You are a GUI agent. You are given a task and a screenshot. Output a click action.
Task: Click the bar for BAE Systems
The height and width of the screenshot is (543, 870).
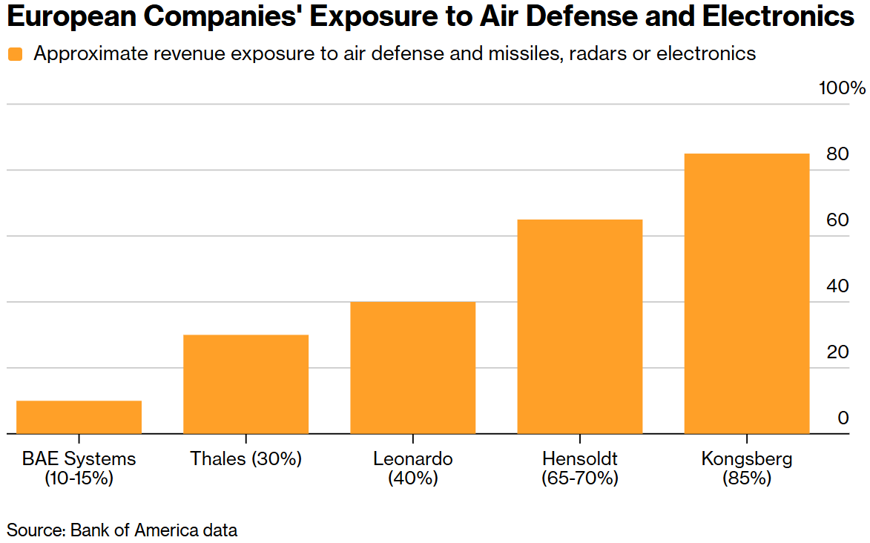coord(79,417)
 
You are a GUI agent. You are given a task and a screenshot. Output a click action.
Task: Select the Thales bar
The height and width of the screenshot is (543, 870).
coord(245,384)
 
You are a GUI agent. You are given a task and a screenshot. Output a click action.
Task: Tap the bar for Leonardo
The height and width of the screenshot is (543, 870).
coord(412,367)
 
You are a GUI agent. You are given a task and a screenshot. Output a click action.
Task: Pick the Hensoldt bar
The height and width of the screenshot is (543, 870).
coord(579,326)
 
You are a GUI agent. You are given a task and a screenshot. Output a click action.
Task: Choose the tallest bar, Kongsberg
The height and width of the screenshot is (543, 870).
coord(746,293)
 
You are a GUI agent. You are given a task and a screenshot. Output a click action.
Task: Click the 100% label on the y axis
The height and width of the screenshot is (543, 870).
coord(842,89)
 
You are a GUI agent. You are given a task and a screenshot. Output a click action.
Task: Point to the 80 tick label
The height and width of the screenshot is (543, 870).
coord(838,155)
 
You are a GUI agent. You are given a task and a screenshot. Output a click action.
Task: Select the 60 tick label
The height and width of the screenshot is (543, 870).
coord(838,220)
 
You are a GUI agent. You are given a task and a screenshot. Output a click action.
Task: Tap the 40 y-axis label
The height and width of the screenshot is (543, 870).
coord(838,286)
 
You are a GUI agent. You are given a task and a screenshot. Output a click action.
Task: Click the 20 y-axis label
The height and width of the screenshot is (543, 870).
coord(838,352)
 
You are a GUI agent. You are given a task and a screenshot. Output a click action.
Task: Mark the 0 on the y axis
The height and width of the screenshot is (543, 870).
coord(843,418)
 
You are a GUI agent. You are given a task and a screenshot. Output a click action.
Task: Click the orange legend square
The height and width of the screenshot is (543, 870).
coord(16,54)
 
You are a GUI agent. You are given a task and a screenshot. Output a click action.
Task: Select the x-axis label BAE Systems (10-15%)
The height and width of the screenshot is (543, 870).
coord(79,468)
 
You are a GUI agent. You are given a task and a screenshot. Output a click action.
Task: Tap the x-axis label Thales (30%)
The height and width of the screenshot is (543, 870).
coord(245,458)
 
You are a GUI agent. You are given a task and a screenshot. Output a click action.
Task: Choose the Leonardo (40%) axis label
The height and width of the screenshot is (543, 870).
coord(412,468)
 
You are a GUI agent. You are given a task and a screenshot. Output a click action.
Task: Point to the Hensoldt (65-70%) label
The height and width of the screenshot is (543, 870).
coord(579,468)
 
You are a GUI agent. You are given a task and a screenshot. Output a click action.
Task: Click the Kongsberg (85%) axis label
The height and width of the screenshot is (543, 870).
coord(746,468)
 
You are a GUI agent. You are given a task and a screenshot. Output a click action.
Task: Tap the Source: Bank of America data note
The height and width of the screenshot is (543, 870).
coord(122,530)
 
